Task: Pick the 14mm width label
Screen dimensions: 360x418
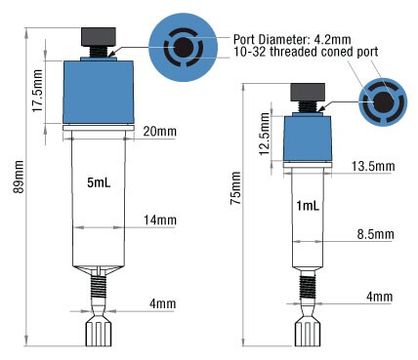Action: [x=155, y=222]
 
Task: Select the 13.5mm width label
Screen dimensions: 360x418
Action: [x=373, y=167]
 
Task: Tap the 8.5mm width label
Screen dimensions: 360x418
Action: [x=374, y=234]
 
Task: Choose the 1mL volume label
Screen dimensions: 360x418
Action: [x=306, y=205]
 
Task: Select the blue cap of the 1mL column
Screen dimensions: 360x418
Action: [x=309, y=138]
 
